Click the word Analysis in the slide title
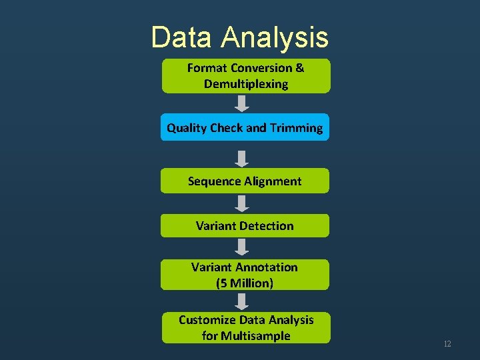(275, 37)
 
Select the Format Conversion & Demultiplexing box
(245, 75)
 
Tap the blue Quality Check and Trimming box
(245, 127)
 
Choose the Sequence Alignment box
(245, 181)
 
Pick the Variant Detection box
(245, 225)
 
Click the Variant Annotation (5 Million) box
(245, 275)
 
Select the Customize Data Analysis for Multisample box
(245, 327)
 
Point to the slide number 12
(447, 344)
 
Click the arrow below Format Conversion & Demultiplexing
(243, 103)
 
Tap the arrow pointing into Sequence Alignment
(243, 158)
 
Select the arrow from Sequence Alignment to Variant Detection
(243, 203)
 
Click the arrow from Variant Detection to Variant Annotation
(243, 247)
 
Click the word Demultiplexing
(246, 84)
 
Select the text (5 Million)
(245, 283)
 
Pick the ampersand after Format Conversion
(299, 68)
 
